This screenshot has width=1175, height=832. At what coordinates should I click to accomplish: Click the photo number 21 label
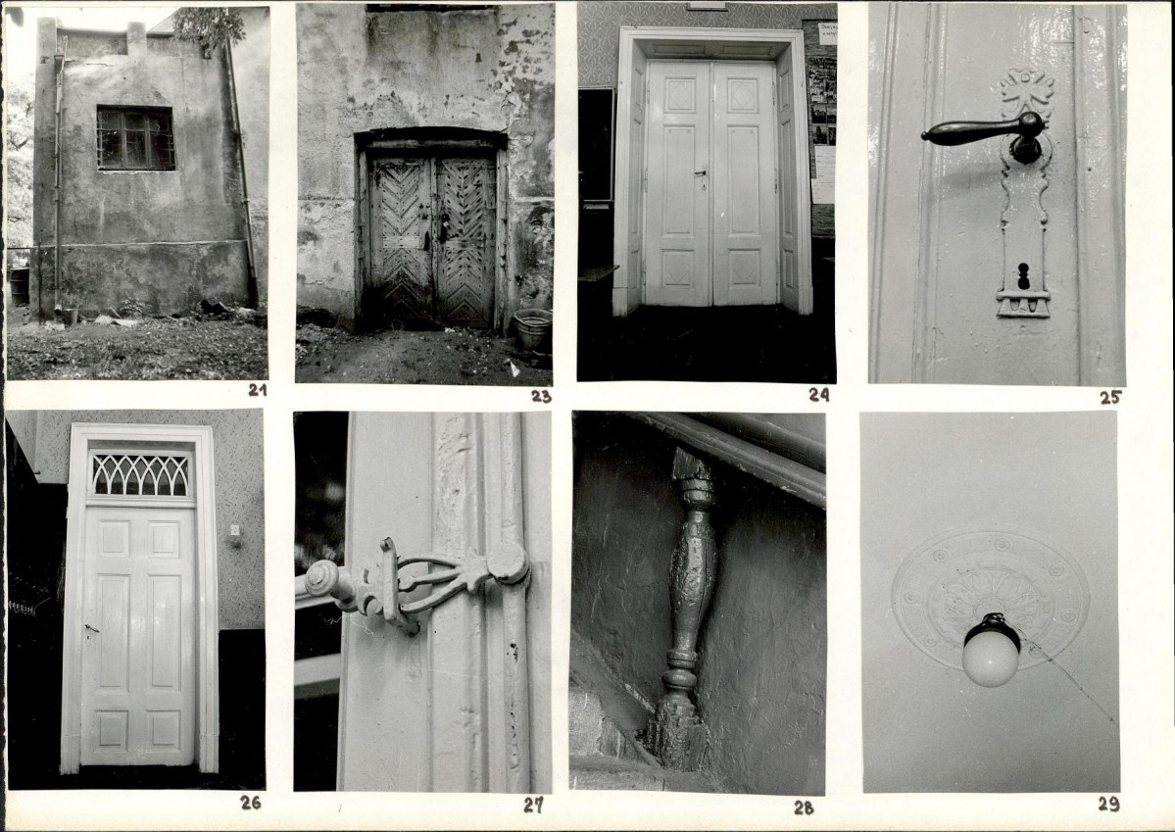pyautogui.click(x=258, y=390)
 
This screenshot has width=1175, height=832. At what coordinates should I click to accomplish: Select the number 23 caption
pyautogui.click(x=541, y=397)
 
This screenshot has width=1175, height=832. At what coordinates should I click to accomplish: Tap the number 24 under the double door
pyautogui.click(x=819, y=395)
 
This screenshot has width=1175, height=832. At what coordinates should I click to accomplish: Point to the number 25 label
pyautogui.click(x=1110, y=397)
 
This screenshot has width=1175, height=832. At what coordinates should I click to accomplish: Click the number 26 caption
pyautogui.click(x=250, y=803)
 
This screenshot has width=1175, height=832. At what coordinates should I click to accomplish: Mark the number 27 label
pyautogui.click(x=533, y=806)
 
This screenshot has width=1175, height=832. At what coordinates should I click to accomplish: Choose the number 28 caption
pyautogui.click(x=804, y=808)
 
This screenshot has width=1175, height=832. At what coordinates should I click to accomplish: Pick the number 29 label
pyautogui.click(x=1109, y=805)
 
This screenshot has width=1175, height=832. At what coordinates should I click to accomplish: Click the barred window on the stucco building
pyautogui.click(x=135, y=138)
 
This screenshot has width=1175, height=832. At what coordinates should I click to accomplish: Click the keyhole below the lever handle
pyautogui.click(x=1024, y=275)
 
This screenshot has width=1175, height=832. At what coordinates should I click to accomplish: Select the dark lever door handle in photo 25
pyautogui.click(x=983, y=133)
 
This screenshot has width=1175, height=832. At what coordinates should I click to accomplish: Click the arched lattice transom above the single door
pyautogui.click(x=140, y=475)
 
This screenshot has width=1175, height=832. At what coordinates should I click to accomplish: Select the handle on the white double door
pyautogui.click(x=702, y=174)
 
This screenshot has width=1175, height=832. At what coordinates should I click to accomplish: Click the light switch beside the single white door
pyautogui.click(x=234, y=530)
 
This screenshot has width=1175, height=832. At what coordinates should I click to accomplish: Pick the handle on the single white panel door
pyautogui.click(x=91, y=629)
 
